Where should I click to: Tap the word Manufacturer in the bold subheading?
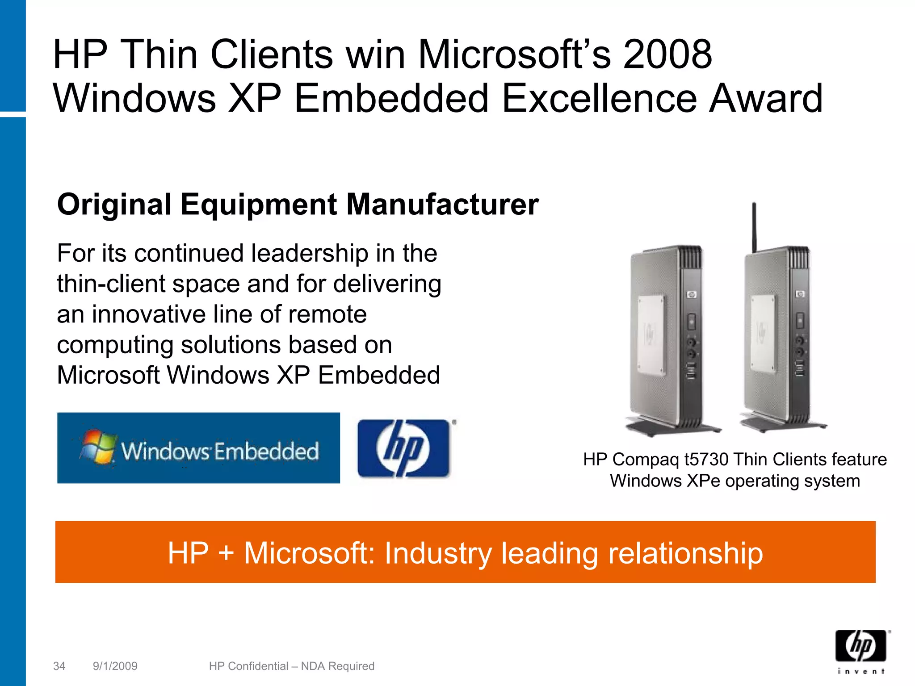tap(442, 205)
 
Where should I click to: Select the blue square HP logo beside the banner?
tap(403, 448)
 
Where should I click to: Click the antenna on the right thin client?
tap(754, 226)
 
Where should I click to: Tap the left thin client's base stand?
tap(673, 428)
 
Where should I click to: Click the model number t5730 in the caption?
tap(706, 460)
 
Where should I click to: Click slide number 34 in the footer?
tap(59, 666)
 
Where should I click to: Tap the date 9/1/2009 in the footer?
tap(115, 666)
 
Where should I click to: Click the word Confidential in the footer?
tap(258, 666)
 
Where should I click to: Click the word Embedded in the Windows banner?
tap(267, 451)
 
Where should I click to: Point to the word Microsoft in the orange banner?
tap(311, 553)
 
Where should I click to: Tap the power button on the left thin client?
tap(691, 321)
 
